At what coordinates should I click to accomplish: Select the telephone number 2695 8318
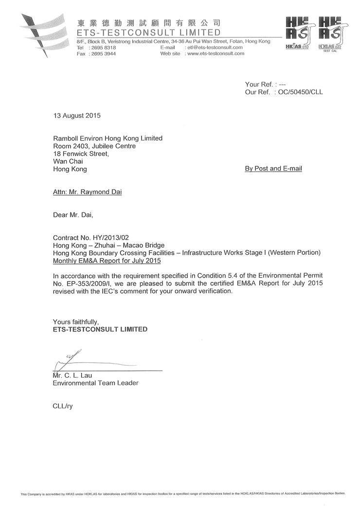(x=102, y=48)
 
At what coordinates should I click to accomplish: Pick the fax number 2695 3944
(x=102, y=54)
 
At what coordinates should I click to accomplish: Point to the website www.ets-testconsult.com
(x=215, y=54)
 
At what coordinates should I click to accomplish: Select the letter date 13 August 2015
(x=76, y=116)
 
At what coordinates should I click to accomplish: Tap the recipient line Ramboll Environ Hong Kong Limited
(x=108, y=139)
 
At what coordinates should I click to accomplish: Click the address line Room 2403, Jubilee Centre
(x=94, y=146)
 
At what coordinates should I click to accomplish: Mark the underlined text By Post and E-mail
(x=273, y=169)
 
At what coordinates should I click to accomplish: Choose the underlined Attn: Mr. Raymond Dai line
(x=87, y=192)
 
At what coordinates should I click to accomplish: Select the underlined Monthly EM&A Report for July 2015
(x=107, y=261)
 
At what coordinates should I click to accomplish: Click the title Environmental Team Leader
(x=95, y=383)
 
